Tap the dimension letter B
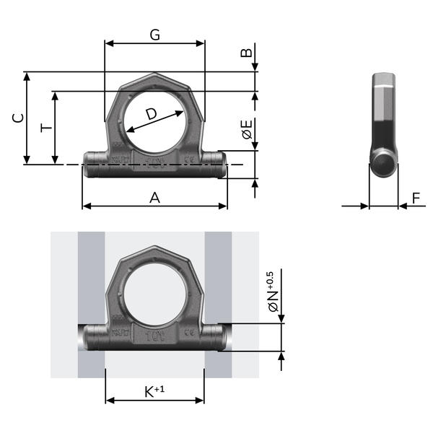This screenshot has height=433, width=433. coord(246,53)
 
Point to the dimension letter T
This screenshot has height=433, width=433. coord(46,128)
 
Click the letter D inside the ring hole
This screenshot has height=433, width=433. coord(150,113)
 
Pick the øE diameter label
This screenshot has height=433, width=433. coord(246,130)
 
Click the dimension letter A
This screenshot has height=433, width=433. coord(154,197)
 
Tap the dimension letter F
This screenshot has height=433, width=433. coord(416,197)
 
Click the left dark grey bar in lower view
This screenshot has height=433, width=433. coord(92,303)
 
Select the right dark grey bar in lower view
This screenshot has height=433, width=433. coord(218,303)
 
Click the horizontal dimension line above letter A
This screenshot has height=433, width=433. coord(154,206)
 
